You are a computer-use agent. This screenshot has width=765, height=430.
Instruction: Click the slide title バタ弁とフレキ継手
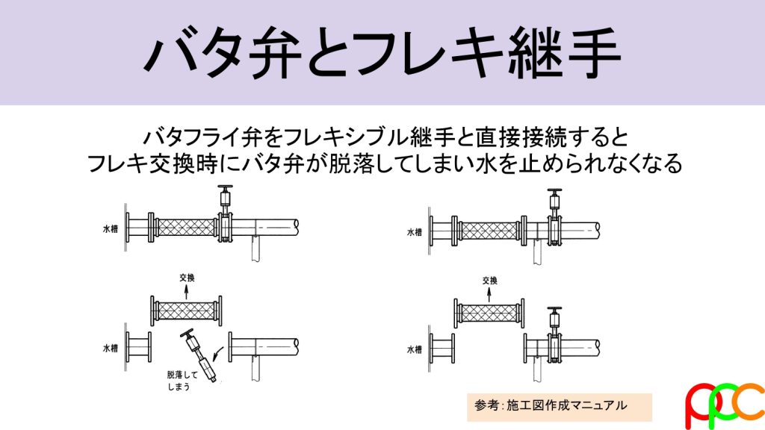coord(382,52)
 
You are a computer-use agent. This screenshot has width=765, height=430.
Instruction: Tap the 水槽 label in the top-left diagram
coord(111,228)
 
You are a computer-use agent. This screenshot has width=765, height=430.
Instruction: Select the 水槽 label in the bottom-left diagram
coord(111,348)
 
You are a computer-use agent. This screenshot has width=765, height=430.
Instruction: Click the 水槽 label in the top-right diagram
coord(415,232)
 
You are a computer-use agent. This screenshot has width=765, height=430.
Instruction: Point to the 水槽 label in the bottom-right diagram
coord(415,349)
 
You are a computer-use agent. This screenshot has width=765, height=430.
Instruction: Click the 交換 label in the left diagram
coord(187,278)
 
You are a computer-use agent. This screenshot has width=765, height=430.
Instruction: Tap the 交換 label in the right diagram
coord(490,281)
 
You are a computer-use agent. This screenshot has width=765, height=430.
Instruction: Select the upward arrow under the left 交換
coord(186,292)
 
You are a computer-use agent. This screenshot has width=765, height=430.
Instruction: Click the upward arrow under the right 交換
coord(489,294)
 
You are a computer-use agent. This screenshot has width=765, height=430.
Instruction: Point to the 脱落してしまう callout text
coord(182,381)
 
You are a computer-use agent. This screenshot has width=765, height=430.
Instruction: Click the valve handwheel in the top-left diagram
coord(225,187)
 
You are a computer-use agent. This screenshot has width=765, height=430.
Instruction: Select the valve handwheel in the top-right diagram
coord(555,190)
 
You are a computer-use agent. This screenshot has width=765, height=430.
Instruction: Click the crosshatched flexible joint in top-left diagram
coord(186,228)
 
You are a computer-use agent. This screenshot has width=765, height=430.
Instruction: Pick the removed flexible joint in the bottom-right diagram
coord(489,313)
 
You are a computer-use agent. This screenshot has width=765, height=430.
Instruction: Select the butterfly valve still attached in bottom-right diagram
coord(555,337)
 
